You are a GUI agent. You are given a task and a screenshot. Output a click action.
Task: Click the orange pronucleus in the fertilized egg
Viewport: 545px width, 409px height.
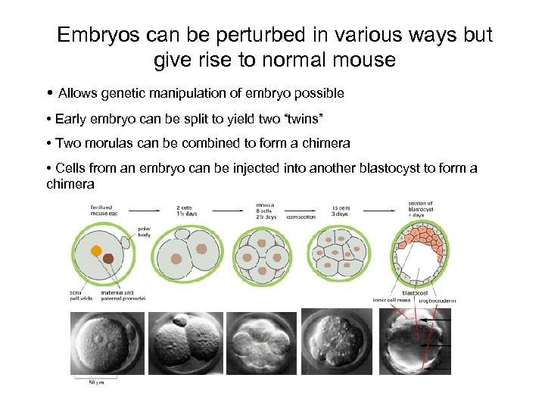pyautogui.click(x=95, y=251)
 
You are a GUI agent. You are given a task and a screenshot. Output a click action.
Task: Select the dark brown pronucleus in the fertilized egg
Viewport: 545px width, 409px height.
pyautogui.click(x=108, y=259)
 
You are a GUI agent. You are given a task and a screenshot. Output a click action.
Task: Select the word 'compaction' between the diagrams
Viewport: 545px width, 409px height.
pyautogui.click(x=301, y=217)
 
